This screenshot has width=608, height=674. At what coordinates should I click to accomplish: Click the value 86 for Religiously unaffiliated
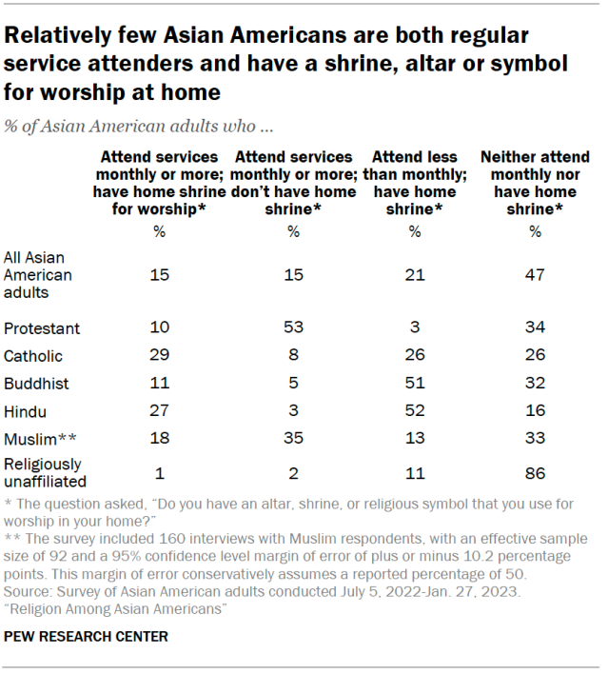(535, 471)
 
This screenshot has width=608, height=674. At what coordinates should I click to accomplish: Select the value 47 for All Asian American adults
(535, 274)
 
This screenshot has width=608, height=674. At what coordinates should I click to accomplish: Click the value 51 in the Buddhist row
(414, 383)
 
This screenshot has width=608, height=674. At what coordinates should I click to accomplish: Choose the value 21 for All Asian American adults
(414, 274)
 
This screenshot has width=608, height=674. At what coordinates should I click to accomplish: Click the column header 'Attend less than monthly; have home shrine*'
(414, 183)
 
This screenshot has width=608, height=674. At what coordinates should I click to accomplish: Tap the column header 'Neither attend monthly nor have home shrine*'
(535, 183)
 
